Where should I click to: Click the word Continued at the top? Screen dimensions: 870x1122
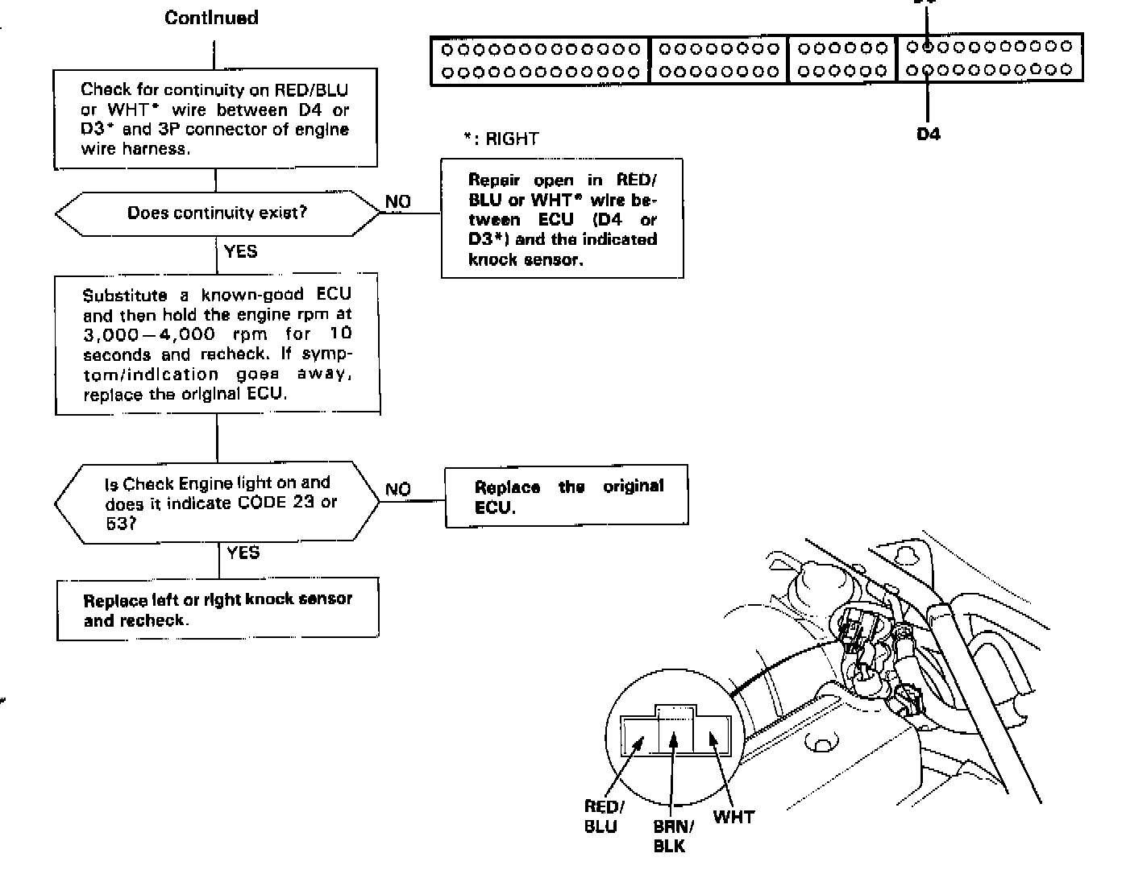click(x=211, y=18)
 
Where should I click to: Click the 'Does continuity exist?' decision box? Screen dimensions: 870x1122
click(x=217, y=213)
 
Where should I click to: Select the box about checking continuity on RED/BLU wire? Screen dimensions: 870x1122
click(x=215, y=119)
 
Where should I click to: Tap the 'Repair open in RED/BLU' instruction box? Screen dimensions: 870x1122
click(x=562, y=219)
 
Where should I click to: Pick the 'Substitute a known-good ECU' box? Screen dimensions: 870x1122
click(x=217, y=345)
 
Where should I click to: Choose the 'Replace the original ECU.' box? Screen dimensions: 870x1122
click(x=567, y=496)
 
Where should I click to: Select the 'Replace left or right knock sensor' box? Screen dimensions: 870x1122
click(x=218, y=609)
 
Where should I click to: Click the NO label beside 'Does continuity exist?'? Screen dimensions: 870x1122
click(x=398, y=201)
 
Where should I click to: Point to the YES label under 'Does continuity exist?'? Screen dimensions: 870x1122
click(x=241, y=251)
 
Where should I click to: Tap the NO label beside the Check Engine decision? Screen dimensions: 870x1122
click(x=398, y=489)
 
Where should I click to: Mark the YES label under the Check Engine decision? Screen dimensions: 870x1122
click(x=243, y=552)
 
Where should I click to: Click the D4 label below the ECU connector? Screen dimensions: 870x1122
click(x=929, y=134)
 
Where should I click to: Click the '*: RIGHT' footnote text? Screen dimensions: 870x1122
click(x=501, y=139)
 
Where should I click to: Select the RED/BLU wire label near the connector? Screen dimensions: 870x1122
click(x=602, y=816)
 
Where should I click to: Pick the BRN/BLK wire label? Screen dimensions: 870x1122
click(x=669, y=835)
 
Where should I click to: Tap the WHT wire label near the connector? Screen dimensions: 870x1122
click(x=733, y=817)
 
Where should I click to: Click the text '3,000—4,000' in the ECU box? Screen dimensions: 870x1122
click(x=150, y=334)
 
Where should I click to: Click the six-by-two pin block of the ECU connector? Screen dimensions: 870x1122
click(x=842, y=59)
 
